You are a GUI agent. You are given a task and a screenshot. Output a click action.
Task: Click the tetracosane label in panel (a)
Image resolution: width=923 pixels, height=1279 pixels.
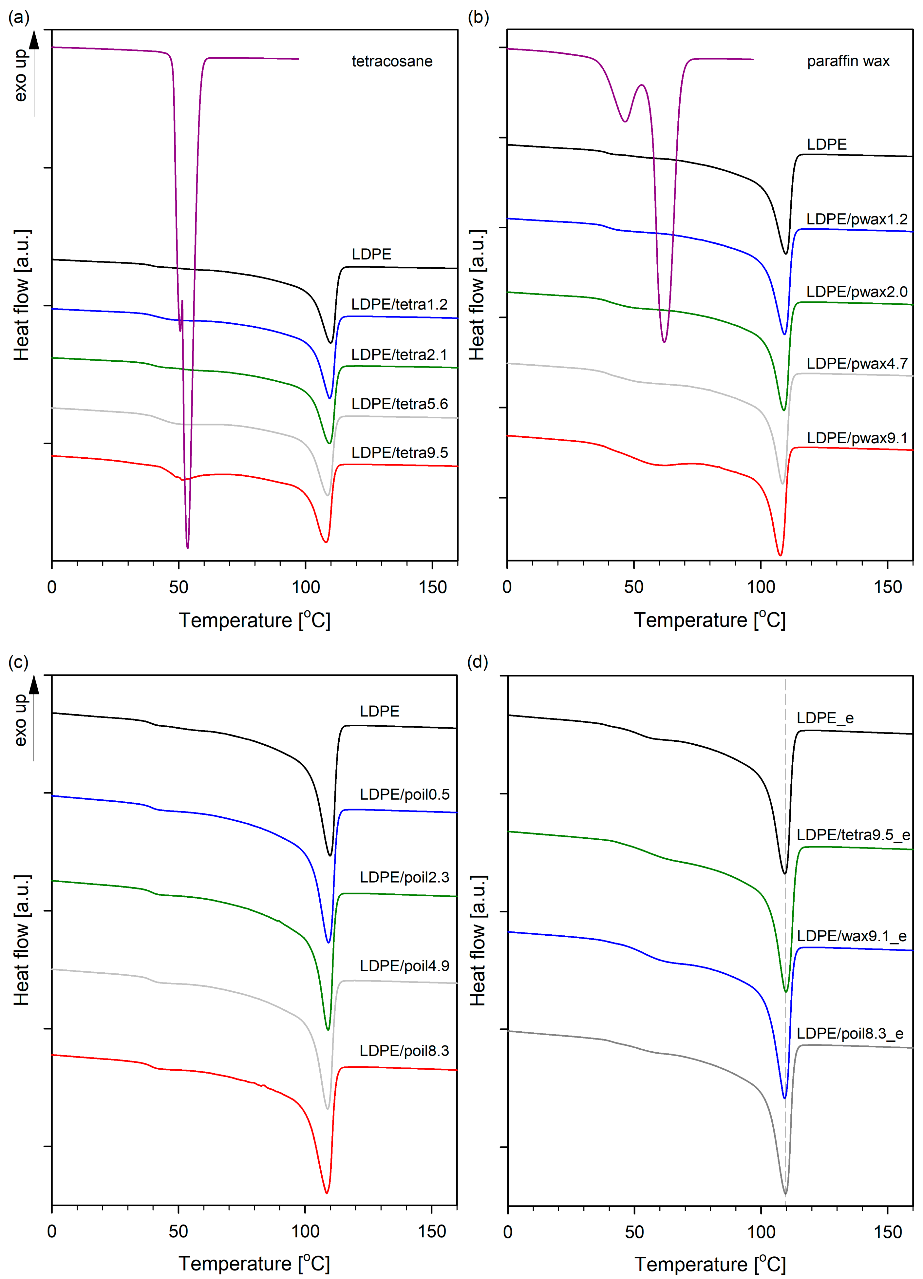[392, 62]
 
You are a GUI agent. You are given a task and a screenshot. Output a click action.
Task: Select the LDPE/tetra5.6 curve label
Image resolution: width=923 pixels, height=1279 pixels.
[399, 404]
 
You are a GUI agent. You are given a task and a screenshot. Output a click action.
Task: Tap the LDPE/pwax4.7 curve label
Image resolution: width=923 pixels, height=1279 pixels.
[857, 364]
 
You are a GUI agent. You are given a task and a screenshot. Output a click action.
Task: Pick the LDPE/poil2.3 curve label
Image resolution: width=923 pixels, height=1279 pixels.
[404, 877]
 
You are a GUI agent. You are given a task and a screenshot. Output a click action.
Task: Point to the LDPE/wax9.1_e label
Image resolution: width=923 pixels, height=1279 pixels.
[851, 936]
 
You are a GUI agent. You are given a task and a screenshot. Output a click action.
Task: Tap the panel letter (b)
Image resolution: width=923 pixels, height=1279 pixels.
[478, 17]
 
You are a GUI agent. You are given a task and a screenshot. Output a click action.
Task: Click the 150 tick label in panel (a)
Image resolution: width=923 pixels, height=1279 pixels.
[432, 587]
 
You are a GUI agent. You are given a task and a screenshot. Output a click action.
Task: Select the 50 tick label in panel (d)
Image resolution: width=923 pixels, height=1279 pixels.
[634, 1231]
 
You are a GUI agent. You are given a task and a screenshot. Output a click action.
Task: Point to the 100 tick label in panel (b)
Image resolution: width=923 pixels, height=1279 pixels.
[761, 587]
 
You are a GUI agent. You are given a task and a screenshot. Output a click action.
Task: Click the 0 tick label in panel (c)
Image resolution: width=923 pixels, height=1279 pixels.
[52, 1231]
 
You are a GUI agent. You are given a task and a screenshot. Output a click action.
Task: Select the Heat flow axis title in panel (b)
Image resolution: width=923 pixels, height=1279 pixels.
[477, 295]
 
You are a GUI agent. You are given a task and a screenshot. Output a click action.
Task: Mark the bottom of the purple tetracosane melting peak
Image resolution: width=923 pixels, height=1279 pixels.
[188, 546]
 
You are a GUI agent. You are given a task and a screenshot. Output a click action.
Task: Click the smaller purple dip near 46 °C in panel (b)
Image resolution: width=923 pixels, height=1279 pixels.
[624, 121]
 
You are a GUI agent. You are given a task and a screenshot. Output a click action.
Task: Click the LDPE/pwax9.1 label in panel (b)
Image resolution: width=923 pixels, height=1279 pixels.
[857, 438]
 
